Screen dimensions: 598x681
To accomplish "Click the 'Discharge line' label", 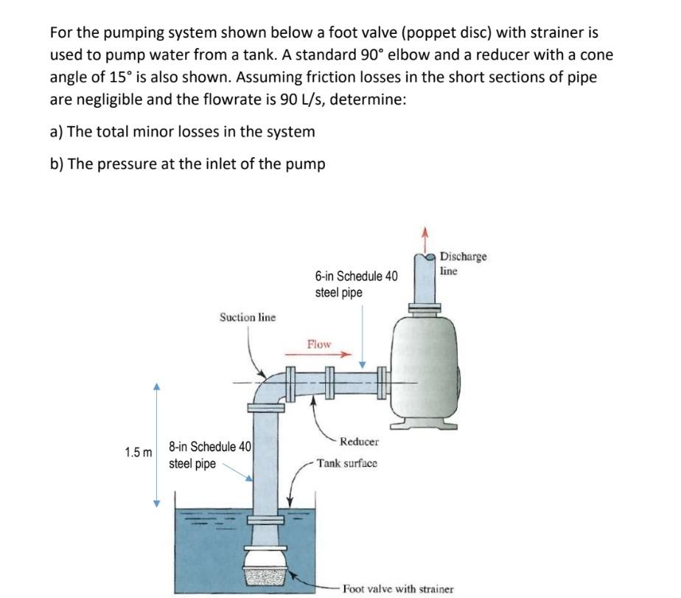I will pos(463,263).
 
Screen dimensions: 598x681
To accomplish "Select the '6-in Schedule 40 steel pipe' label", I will pos(355,284).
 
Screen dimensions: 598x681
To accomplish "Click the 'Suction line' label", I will pos(247,317).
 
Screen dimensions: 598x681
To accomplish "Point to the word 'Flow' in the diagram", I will pos(318,344).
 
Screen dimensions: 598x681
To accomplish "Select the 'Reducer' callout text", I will pos(359,442).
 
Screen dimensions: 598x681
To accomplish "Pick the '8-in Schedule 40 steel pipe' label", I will pos(209,455).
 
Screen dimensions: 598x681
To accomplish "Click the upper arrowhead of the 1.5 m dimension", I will pos(156,387).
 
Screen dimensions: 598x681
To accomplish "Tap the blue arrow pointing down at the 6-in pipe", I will pos(362,364).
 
